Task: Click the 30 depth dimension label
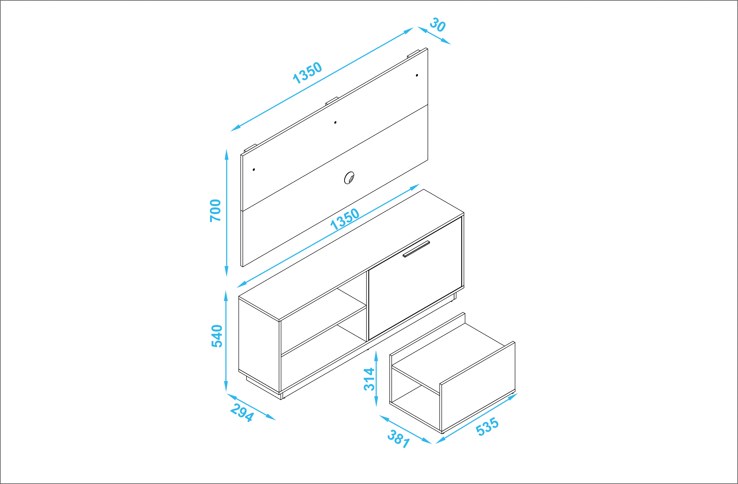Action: click(438, 25)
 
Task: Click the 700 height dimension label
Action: click(215, 211)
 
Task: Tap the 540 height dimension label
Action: click(217, 336)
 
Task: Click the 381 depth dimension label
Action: click(399, 439)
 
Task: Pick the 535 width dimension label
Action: click(487, 427)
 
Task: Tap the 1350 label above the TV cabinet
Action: click(345, 219)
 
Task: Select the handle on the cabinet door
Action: click(416, 249)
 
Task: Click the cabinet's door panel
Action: click(415, 278)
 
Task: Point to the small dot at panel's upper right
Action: click(417, 75)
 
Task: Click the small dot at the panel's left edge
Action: click(254, 169)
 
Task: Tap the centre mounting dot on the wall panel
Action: click(335, 122)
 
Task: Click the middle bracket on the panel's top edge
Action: click(332, 101)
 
